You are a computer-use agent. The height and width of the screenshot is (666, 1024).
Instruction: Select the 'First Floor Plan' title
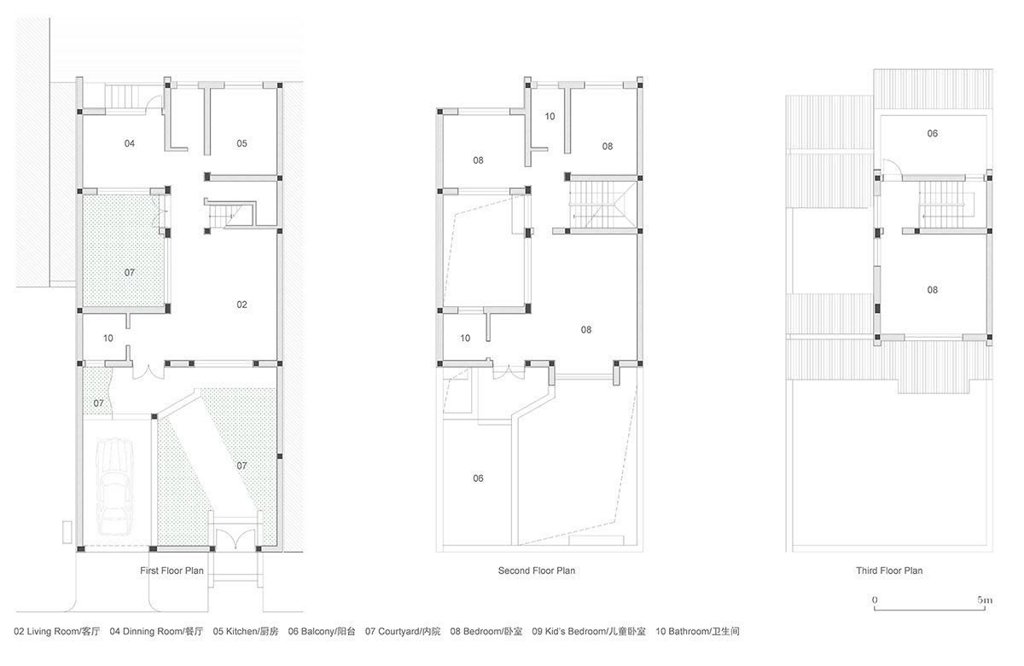172,571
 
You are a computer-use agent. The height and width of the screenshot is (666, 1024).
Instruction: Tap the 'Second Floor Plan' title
537,571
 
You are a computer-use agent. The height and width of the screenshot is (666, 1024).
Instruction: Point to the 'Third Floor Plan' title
889,571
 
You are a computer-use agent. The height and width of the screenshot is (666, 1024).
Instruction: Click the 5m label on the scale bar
985,600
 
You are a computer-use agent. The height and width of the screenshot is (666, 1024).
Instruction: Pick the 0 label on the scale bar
875,600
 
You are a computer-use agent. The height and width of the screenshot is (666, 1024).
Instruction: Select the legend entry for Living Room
58,632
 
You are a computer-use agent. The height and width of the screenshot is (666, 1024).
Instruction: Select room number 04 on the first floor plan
130,143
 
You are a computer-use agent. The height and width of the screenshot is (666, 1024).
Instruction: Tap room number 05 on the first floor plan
242,143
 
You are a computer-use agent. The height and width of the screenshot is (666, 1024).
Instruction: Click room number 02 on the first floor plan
242,304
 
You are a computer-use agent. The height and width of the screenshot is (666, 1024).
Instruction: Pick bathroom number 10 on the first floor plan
108,339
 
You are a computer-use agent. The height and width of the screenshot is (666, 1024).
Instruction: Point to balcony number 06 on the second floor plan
478,478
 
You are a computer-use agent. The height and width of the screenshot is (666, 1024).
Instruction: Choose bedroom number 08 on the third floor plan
933,290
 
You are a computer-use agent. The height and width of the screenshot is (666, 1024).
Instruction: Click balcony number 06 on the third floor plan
933,134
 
